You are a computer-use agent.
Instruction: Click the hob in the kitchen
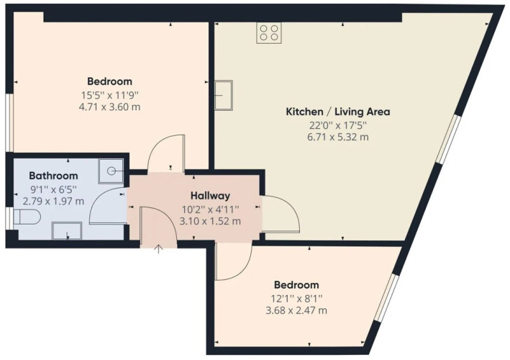pos(268,33)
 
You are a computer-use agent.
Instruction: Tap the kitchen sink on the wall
pos(224,95)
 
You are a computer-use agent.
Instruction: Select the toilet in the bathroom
pos(27,217)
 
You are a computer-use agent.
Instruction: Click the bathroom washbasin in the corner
pos(111,171)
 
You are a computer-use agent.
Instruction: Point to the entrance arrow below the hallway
pos(158,249)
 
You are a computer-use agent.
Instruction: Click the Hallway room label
pos(210,196)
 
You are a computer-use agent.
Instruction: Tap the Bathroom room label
pos(53,176)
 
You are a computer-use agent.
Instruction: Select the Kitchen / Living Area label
pos(337,112)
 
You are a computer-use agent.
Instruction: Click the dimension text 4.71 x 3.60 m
pos(109,107)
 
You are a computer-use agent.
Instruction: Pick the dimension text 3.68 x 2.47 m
pos(296,310)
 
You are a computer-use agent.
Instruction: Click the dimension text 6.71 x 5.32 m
pos(338,137)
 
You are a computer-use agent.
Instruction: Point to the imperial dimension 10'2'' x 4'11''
pos(210,210)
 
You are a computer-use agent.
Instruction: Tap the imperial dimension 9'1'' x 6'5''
pos(53,189)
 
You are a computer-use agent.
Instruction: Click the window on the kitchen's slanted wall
pos(449,139)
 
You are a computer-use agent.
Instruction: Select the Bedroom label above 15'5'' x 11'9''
pos(109,81)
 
